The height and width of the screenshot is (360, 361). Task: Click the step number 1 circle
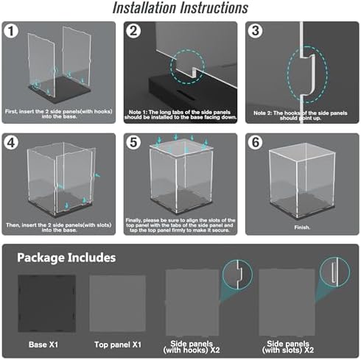(11, 31)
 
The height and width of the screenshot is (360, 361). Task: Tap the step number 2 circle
(133, 31)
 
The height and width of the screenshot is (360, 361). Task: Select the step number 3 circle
(256, 31)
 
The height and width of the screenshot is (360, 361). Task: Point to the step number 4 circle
(11, 143)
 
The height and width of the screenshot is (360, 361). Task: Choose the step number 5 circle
(133, 142)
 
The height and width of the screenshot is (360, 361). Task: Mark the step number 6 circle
(256, 142)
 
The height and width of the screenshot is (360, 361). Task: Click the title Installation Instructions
(180, 8)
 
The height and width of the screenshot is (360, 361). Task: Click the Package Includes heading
(66, 258)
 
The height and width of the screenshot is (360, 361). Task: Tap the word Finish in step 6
(302, 227)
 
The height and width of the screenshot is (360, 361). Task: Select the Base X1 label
(43, 345)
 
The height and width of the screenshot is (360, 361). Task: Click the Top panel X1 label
(118, 345)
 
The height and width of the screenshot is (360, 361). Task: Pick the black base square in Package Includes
(46, 303)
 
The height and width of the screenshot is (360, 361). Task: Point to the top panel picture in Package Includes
(117, 303)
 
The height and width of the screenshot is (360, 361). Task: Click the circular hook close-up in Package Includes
(237, 275)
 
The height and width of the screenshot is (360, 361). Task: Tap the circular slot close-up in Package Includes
(334, 272)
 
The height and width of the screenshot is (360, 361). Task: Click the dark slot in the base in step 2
(186, 93)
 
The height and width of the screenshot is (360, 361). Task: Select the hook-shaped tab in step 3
(310, 74)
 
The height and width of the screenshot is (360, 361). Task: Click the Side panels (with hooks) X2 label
(192, 347)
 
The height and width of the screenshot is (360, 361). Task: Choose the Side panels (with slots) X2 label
(288, 347)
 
